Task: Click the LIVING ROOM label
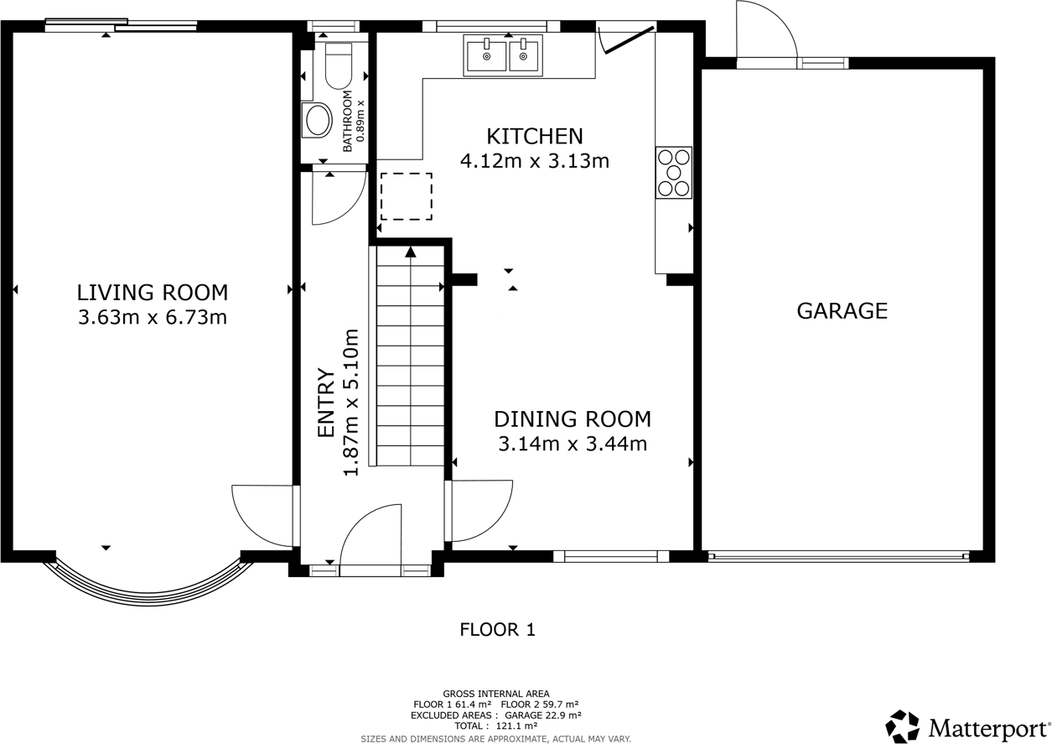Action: pos(153,293)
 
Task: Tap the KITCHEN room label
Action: pos(535,136)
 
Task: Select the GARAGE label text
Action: pos(842,310)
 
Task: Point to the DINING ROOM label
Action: pos(573,419)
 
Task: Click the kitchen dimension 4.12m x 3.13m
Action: pos(535,161)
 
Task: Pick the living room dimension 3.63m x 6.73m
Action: pos(153,317)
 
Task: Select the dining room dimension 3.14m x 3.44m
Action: pos(573,444)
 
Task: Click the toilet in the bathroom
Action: pos(338,65)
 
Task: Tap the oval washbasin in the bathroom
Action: pos(317,120)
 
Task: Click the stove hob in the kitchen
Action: pos(674,173)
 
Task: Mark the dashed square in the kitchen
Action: pos(407,196)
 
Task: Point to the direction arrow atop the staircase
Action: pos(411,252)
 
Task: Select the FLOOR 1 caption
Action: pos(497,630)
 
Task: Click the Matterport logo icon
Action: pos(902,726)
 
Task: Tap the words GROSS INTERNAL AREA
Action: pos(496,694)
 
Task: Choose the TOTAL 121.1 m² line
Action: pos(496,726)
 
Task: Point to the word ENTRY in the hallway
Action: pos(326,403)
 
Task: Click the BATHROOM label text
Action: pos(348,121)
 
